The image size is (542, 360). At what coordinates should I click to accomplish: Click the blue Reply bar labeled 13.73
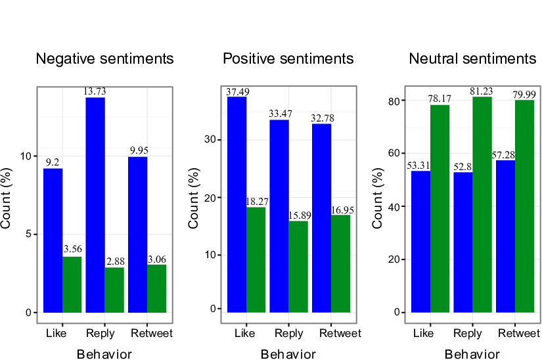[95, 205]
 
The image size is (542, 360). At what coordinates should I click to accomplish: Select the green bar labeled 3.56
[72, 284]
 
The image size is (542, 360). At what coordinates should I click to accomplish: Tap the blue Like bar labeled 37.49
[237, 204]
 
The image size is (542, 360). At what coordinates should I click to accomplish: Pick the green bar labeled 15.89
[298, 267]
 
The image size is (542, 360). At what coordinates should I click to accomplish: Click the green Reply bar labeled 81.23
[482, 204]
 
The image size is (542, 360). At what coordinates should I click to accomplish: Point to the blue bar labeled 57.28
[505, 236]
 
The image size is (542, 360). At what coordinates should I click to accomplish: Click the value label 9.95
[139, 150]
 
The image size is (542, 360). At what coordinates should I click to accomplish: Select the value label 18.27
[257, 202]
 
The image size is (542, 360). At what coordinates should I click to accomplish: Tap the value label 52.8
[463, 167]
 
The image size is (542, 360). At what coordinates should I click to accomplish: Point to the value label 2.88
[116, 261]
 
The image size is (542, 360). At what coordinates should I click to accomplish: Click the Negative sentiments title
[104, 58]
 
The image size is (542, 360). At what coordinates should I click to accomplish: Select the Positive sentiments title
[288, 58]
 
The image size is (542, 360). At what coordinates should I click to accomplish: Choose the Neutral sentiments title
[472, 58]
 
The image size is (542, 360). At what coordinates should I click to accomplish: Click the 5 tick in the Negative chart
[29, 235]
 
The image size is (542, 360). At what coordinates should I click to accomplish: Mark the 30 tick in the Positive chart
[210, 139]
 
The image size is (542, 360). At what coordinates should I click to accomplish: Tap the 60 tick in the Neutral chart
[394, 153]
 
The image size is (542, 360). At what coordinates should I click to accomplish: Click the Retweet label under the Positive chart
[340, 334]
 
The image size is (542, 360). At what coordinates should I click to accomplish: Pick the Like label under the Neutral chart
[424, 334]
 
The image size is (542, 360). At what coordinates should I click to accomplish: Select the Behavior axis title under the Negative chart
[104, 355]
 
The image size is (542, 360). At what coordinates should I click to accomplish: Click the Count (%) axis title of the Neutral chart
[378, 198]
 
